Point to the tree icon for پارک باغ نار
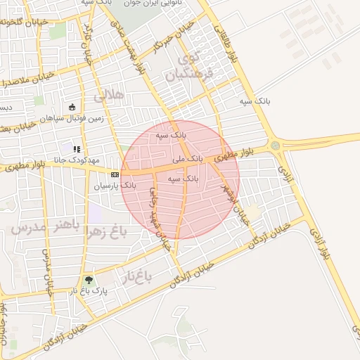tap(88, 280)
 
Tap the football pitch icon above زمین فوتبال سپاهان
tap(72, 108)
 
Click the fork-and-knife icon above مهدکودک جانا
tap(76, 149)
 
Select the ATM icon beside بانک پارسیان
tap(115, 174)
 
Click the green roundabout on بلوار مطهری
tap(275, 146)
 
